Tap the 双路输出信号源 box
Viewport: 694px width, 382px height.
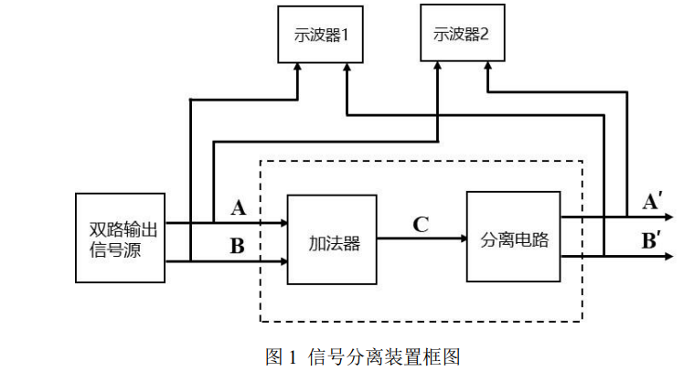120,238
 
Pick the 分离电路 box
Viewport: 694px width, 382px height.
513,237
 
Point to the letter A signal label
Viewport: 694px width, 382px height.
239,208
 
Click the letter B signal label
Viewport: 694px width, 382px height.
237,245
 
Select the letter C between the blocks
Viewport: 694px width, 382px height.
421,224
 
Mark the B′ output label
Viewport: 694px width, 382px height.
653,242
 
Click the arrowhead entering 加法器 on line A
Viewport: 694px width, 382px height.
283,222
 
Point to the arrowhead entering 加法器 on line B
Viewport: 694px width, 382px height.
283,261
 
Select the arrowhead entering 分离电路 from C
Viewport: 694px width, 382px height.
461,239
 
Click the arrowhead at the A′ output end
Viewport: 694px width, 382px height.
670,218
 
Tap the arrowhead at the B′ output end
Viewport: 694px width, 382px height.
670,257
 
